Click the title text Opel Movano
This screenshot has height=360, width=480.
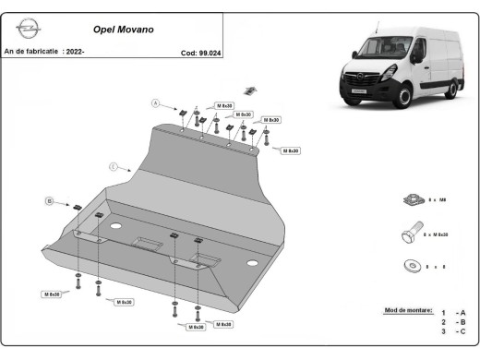pos(124,30)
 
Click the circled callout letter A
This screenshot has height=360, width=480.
pos(157,102)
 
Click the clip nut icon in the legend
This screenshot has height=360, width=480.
pos(414,199)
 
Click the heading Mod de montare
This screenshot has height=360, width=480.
pos(407,310)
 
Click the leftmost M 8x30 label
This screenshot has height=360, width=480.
pos(52,294)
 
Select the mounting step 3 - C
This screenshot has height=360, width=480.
pos(452,331)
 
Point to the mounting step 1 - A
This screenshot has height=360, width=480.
pos(452,313)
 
